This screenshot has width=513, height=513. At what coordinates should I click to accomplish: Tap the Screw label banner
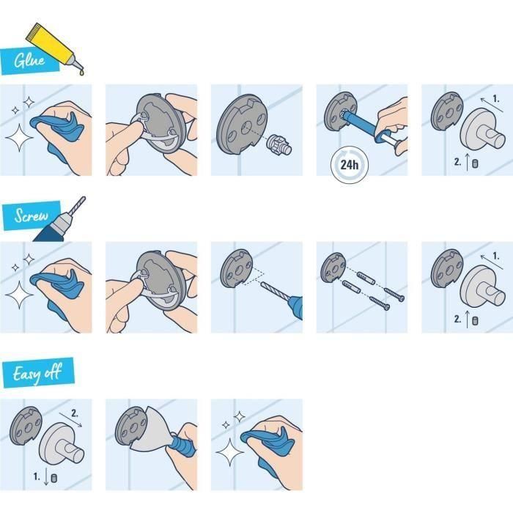point(32,217)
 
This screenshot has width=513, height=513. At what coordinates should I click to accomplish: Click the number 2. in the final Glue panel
point(458,163)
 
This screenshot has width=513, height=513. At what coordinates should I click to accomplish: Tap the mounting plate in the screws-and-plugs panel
point(333,267)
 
